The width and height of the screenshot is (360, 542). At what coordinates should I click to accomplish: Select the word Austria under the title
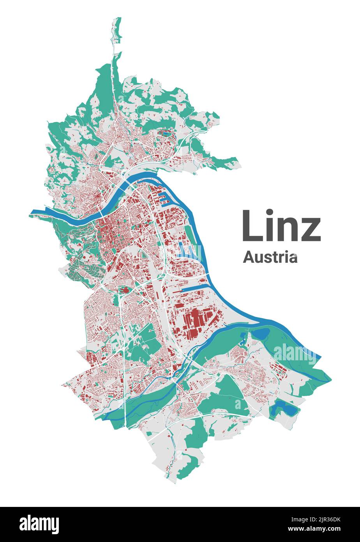[x=270, y=257]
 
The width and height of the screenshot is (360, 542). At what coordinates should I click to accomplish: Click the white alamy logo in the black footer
[x=39, y=524]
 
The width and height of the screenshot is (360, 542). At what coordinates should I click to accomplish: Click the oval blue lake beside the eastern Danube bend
[x=260, y=333]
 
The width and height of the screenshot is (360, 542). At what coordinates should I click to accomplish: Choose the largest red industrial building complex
[x=195, y=319]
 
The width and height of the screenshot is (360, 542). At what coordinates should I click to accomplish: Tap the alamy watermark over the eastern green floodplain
[x=294, y=353]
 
